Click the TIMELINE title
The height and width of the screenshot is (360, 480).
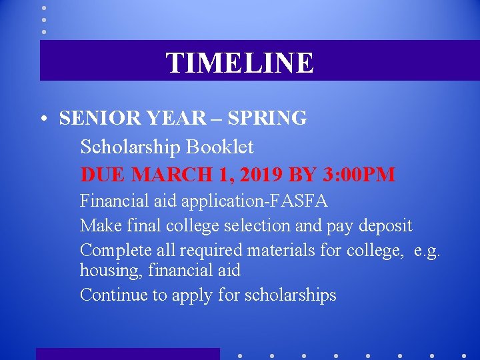coord(239,63)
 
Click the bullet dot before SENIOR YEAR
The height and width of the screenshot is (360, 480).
coord(42,120)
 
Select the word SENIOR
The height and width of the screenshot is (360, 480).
coord(93,118)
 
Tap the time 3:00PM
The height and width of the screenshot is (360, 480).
coord(359,175)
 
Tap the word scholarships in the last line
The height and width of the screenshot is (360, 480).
coord(291,295)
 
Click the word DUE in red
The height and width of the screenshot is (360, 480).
coord(103,175)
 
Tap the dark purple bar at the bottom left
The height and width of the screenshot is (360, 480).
coord(127,354)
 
